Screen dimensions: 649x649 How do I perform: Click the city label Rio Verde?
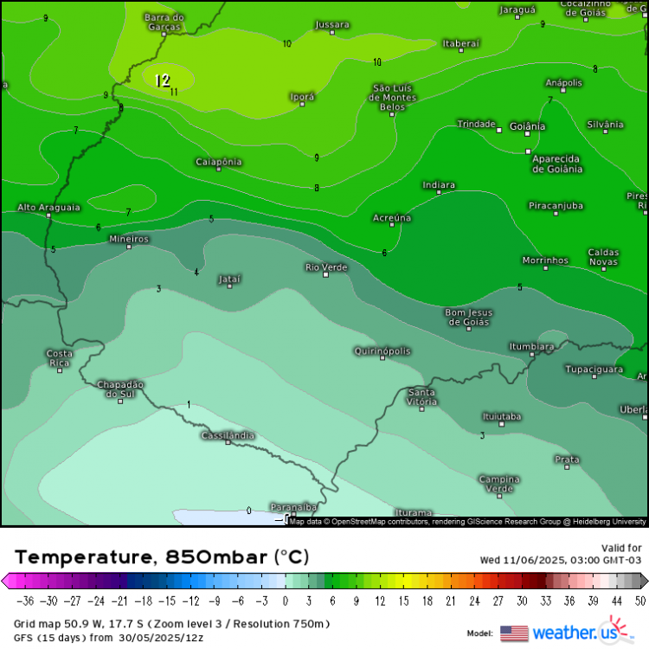pyautogui.click(x=326, y=267)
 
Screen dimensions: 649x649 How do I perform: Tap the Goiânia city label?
pyautogui.click(x=528, y=126)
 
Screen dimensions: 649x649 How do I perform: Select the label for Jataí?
pyautogui.click(x=229, y=279)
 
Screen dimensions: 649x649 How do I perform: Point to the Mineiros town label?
pyautogui.click(x=129, y=239)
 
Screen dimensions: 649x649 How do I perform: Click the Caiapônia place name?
pyautogui.click(x=218, y=162)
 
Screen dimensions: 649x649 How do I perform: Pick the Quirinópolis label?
pyautogui.click(x=382, y=350)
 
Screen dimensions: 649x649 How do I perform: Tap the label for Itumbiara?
pyautogui.click(x=531, y=347)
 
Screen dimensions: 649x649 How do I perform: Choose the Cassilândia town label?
pyautogui.click(x=228, y=435)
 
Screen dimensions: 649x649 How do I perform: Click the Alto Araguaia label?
pyautogui.click(x=48, y=208)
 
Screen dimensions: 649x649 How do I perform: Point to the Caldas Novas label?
pyautogui.click(x=604, y=257)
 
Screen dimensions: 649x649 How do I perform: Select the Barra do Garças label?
pyautogui.click(x=164, y=22)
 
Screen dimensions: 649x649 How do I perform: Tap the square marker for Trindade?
pyautogui.click(x=499, y=130)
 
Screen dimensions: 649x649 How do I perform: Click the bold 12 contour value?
pyautogui.click(x=162, y=80)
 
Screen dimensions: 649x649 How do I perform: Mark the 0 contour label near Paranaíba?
pyautogui.click(x=249, y=511)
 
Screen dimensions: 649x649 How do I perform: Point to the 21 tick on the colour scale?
pyautogui.click(x=449, y=601)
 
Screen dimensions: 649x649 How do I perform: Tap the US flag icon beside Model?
pyautogui.click(x=514, y=633)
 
